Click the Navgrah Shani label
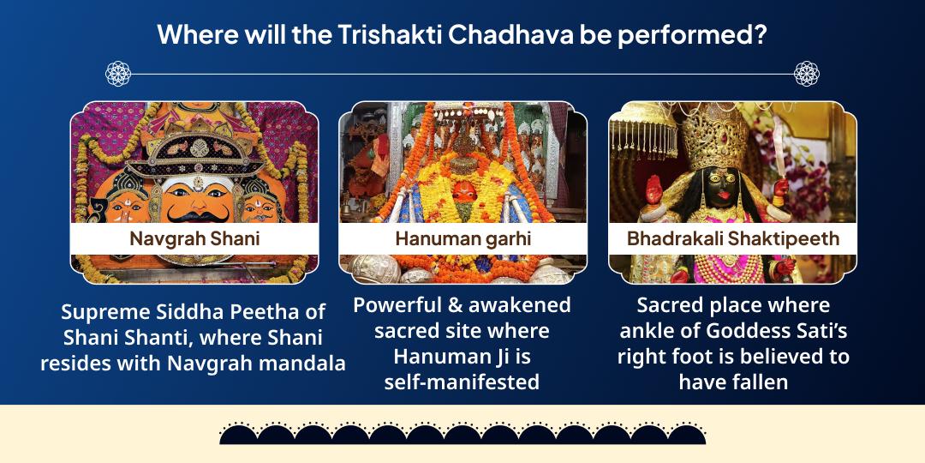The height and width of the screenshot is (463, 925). (x=194, y=238)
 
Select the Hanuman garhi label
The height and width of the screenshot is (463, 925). (x=462, y=238)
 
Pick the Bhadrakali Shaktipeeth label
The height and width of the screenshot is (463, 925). (x=732, y=238)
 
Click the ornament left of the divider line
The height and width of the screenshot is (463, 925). (x=118, y=74)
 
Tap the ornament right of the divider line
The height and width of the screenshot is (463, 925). (x=806, y=74)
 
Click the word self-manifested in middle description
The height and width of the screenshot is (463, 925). (x=462, y=382)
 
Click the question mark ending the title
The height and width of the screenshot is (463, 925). (x=758, y=35)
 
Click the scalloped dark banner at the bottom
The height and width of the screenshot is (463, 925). (x=462, y=433)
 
